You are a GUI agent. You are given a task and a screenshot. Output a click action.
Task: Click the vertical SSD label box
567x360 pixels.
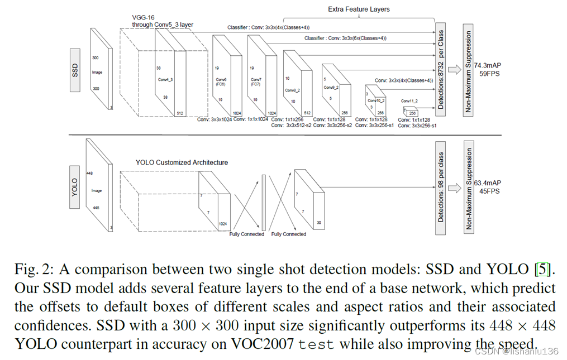point(75,70)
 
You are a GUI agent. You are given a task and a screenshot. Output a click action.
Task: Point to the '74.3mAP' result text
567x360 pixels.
point(488,65)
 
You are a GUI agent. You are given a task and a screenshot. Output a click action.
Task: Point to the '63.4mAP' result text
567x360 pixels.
point(488,183)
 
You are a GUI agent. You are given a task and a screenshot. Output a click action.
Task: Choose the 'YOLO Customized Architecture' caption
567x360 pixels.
point(182,162)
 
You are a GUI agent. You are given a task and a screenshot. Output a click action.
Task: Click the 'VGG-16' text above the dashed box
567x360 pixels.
point(143,17)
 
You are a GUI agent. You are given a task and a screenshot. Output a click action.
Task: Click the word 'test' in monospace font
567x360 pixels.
point(317,344)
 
